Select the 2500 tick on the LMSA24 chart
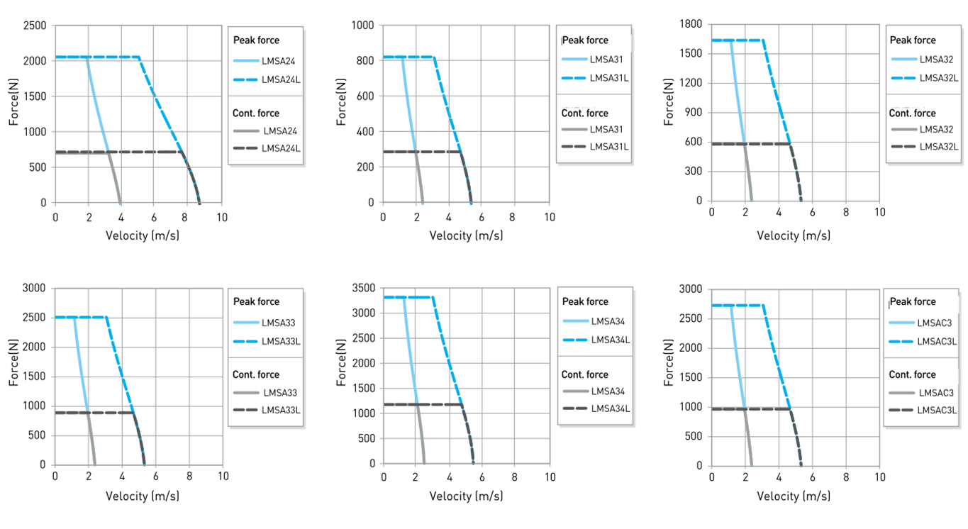(x=35, y=26)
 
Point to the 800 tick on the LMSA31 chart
(x=366, y=61)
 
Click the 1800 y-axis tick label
(x=690, y=24)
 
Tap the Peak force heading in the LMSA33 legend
(x=256, y=301)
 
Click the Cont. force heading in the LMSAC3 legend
(x=912, y=374)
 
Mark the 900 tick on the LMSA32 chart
(x=693, y=112)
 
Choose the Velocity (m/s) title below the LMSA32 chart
(x=794, y=235)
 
